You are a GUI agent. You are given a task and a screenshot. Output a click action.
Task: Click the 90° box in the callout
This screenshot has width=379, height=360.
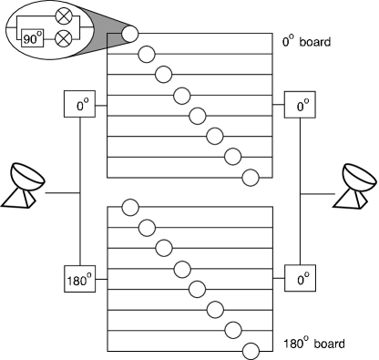[32, 39]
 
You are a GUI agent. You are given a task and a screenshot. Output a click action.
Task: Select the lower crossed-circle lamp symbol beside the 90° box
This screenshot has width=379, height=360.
[65, 39]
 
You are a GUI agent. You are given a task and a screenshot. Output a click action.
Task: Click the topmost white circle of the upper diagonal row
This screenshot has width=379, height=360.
[130, 34]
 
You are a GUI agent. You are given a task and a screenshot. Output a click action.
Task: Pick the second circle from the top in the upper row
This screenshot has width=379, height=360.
[147, 55]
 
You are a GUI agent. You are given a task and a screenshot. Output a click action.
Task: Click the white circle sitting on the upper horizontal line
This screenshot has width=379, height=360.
[198, 117]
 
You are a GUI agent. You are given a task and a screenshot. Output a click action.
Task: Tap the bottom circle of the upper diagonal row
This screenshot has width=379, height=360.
[250, 177]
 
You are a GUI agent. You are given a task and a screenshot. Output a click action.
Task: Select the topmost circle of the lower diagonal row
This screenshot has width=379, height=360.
[130, 207]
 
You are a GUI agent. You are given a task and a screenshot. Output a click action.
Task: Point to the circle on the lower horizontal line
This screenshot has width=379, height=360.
[197, 289]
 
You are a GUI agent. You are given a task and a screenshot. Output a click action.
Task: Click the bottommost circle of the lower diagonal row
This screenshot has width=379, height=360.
[251, 351]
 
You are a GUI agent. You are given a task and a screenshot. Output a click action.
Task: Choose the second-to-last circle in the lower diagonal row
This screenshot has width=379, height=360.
[232, 330]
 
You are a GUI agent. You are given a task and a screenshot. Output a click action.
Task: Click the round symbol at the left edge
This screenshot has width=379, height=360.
[29, 173]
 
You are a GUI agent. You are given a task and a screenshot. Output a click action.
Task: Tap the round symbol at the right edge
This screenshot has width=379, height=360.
[361, 173]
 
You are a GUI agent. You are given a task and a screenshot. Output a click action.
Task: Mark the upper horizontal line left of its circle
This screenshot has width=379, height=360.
[146, 117]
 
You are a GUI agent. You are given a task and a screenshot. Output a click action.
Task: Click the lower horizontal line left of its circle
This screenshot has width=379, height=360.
[146, 289]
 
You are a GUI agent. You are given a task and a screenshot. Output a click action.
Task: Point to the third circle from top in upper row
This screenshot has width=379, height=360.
[164, 75]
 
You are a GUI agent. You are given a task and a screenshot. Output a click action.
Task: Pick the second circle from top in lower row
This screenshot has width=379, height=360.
[147, 228]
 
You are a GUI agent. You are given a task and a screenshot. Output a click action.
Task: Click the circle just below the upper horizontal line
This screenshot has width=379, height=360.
[215, 137]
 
